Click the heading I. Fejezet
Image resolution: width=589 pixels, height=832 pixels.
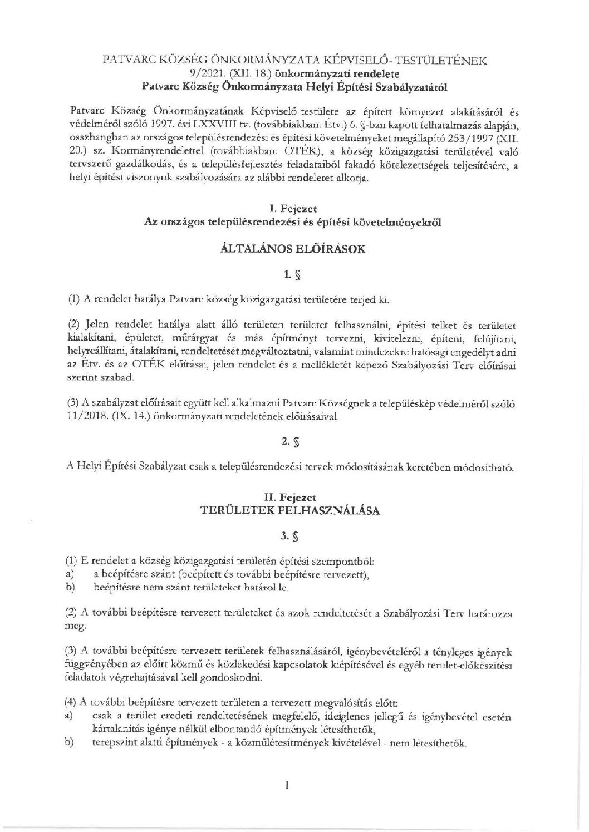tap(293, 209)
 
